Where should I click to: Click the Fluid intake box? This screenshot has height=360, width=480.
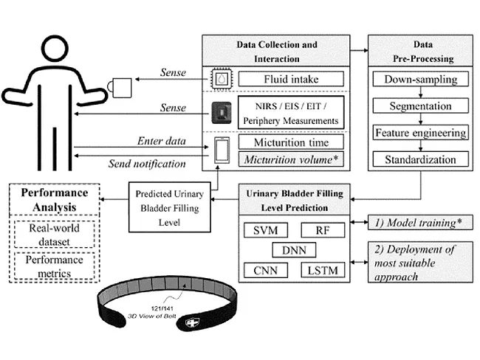click(291, 78)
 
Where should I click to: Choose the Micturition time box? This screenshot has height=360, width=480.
click(291, 141)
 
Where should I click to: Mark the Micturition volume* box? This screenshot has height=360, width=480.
click(291, 157)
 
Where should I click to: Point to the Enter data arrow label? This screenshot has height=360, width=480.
click(161, 140)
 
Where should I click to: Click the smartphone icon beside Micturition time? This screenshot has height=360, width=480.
click(222, 149)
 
